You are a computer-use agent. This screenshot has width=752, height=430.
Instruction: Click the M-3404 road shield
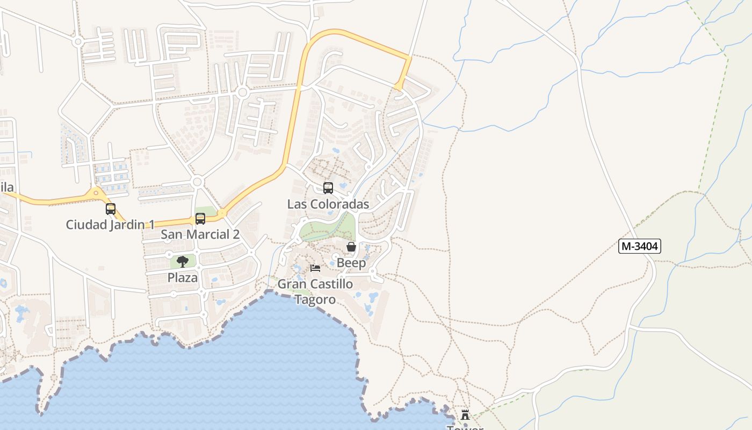point(639,246)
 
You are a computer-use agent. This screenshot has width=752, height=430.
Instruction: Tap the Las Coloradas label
point(328,204)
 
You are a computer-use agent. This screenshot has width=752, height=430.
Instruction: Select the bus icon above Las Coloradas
point(328,188)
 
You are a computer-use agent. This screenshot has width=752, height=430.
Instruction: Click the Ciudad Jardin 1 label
point(110,225)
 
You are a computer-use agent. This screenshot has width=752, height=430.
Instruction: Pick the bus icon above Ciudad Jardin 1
point(110,209)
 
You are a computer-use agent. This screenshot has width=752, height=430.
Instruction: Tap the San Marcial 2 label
point(200,234)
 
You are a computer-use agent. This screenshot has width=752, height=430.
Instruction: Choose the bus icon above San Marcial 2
point(200,219)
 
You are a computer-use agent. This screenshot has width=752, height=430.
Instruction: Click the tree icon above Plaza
point(183,262)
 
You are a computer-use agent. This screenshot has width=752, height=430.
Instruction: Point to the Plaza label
point(183,278)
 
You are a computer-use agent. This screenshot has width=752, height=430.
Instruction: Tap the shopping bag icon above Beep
point(351,247)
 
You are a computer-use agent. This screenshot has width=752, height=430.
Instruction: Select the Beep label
point(351,263)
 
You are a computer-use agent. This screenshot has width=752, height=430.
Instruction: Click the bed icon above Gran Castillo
point(315,268)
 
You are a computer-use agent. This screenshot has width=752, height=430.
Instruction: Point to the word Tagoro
point(315,299)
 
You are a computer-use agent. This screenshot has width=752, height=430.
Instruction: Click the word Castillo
point(332,284)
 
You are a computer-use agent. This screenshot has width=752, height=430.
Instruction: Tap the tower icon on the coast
point(465,415)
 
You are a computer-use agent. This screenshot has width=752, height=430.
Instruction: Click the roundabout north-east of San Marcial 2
point(222,213)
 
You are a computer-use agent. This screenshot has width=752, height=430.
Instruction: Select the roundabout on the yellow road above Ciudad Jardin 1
point(96,192)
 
